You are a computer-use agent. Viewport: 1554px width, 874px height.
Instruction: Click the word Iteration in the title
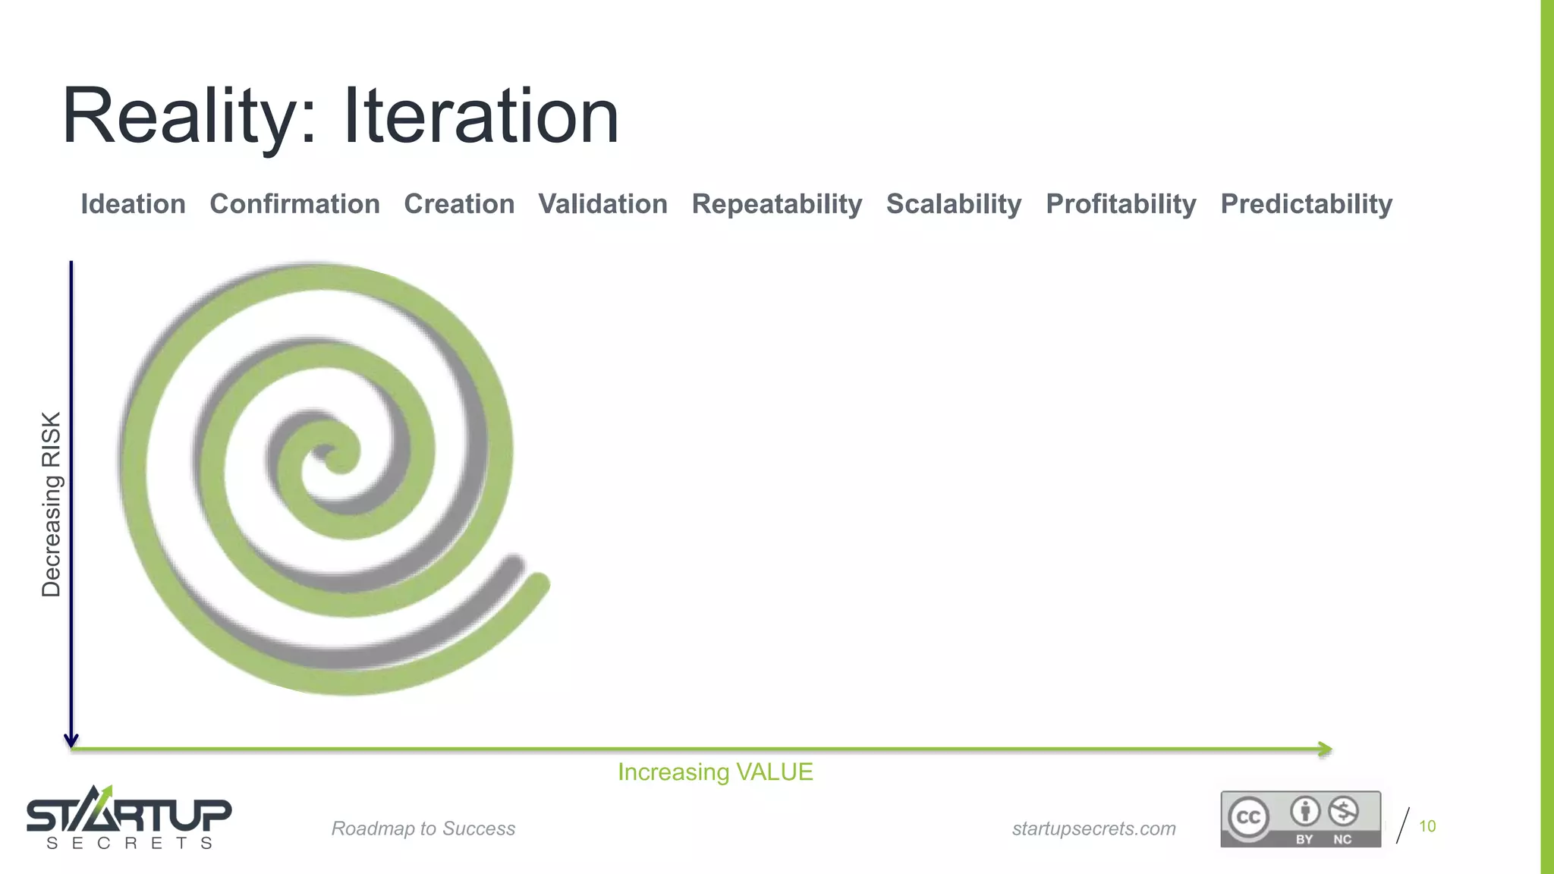pyautogui.click(x=481, y=118)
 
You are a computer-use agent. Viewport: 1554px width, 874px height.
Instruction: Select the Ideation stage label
pyautogui.click(x=133, y=204)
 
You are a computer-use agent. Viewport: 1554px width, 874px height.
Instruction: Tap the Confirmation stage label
pyautogui.click(x=294, y=204)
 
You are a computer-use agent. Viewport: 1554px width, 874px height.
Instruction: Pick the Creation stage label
pyautogui.click(x=459, y=204)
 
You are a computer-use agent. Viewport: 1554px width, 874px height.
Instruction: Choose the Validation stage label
pyautogui.click(x=602, y=204)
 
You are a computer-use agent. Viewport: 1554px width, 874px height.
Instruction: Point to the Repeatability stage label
pyautogui.click(x=776, y=204)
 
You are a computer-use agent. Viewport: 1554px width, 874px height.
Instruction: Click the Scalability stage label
pyautogui.click(x=953, y=204)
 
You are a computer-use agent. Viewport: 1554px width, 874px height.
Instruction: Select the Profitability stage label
pyautogui.click(x=1120, y=204)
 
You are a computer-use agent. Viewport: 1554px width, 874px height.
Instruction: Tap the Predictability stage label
pyautogui.click(x=1306, y=204)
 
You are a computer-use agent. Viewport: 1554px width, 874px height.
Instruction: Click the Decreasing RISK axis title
pyautogui.click(x=51, y=504)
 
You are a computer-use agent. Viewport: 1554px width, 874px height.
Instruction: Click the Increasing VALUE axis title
pyautogui.click(x=715, y=772)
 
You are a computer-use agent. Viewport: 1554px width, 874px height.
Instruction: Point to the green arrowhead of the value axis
pyautogui.click(x=1326, y=750)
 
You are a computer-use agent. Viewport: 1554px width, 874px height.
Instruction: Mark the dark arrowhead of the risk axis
pyautogui.click(x=71, y=740)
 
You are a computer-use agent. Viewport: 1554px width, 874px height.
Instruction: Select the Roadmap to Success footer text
pyautogui.click(x=423, y=828)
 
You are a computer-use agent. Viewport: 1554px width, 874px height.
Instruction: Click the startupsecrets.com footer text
pyautogui.click(x=1093, y=828)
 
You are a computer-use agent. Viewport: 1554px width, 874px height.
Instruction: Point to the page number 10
pyautogui.click(x=1427, y=826)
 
